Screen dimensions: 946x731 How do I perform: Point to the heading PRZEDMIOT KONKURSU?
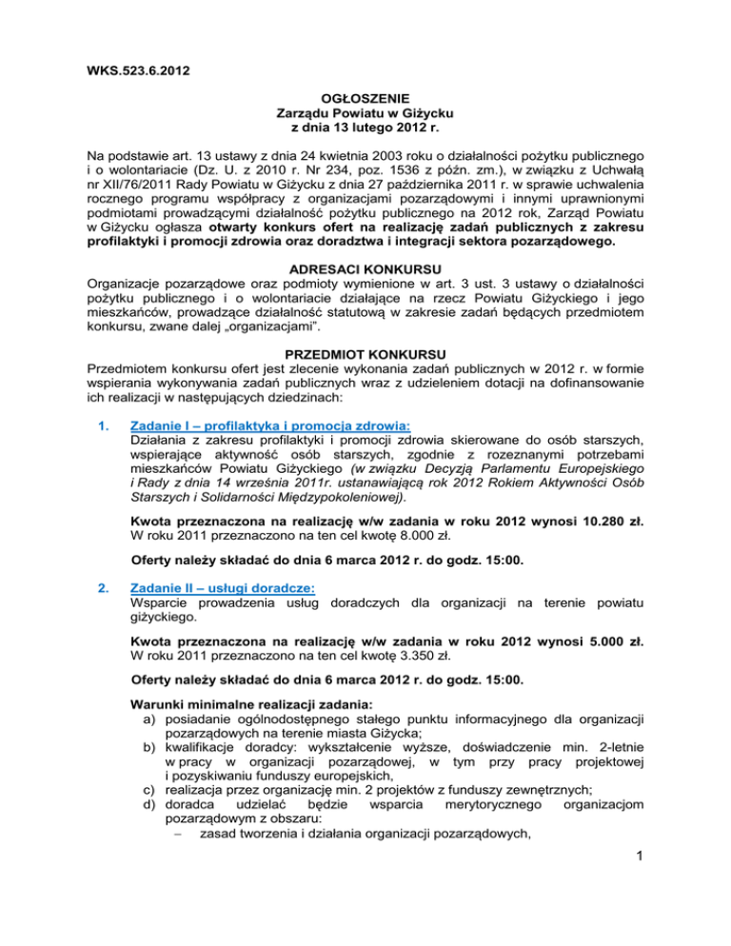(x=365, y=350)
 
